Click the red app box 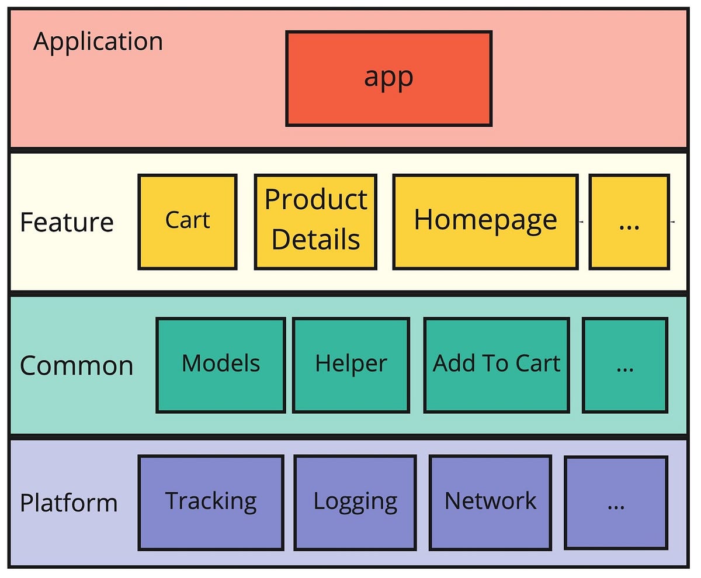click(x=388, y=78)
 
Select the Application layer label click(x=98, y=42)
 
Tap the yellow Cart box click(x=188, y=221)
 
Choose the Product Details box click(x=315, y=221)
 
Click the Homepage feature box click(x=485, y=221)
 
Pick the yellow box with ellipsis click(x=629, y=221)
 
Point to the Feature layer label click(x=67, y=223)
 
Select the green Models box click(x=221, y=365)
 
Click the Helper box click(x=351, y=365)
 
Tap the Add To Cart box click(x=497, y=365)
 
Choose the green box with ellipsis click(x=625, y=365)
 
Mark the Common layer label click(x=77, y=366)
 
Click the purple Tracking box click(x=211, y=503)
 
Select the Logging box click(x=355, y=503)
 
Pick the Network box click(x=490, y=503)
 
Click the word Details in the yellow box click(x=315, y=240)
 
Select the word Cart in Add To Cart click(x=537, y=364)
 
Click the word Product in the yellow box click(x=315, y=200)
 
